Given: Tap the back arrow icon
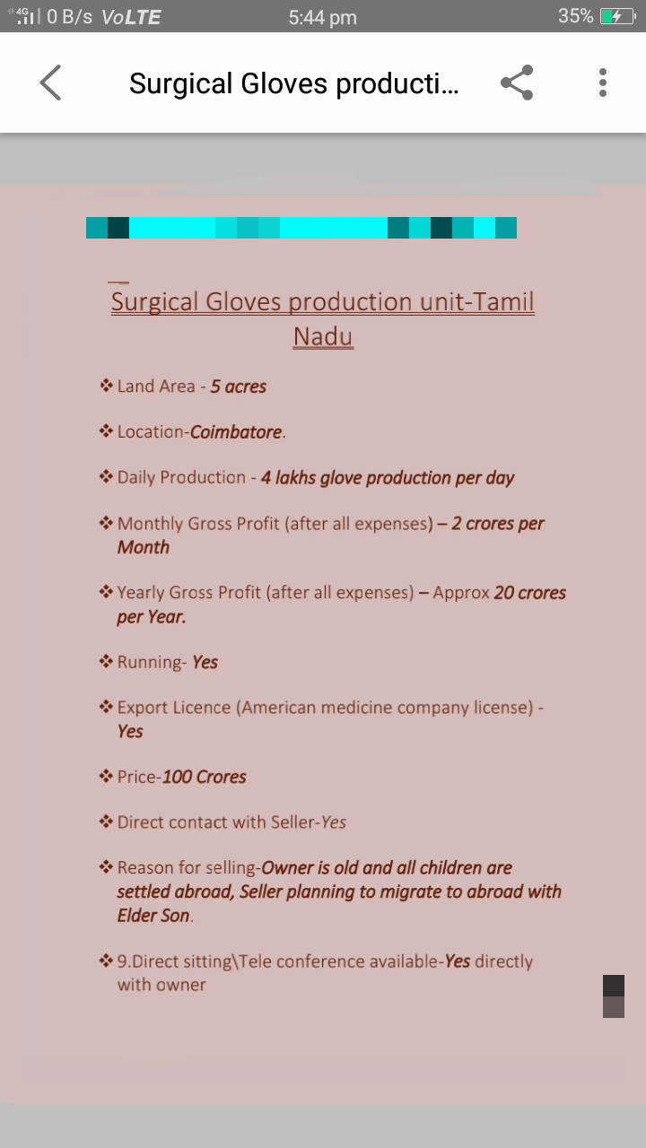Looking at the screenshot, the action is (x=50, y=83).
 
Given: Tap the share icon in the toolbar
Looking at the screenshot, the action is (x=517, y=83).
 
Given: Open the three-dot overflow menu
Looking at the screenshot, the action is (x=603, y=83).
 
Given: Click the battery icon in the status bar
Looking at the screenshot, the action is (x=618, y=17).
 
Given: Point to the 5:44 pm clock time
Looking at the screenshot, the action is (x=322, y=17).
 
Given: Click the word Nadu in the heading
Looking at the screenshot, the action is (x=323, y=336).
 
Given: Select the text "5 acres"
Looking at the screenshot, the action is (x=239, y=387).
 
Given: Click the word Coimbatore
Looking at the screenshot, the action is (x=236, y=432).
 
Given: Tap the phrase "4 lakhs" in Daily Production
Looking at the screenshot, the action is (x=288, y=478).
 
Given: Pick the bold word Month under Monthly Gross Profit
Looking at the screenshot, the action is (x=144, y=547).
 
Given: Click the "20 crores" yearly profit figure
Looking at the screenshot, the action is (x=530, y=593).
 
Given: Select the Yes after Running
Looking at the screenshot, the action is (x=205, y=662).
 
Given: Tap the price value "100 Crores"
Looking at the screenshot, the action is (x=205, y=777).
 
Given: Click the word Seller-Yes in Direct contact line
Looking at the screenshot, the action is (x=309, y=822).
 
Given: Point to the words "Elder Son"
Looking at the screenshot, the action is (x=153, y=916).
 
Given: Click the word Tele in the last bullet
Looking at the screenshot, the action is (x=256, y=961).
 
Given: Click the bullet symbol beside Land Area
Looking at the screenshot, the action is (x=106, y=386).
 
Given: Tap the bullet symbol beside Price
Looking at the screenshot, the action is (x=106, y=776).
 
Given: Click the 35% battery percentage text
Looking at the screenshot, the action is (x=576, y=16).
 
